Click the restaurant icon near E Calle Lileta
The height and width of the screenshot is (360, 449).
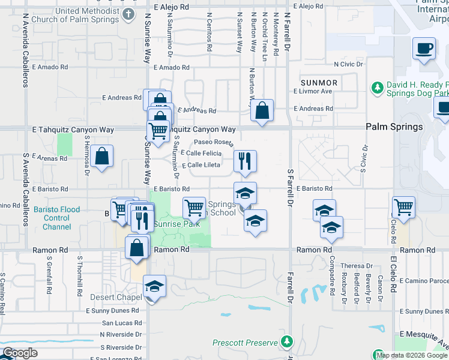point(245,161)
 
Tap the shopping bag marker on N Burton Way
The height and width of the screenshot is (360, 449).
point(262,110)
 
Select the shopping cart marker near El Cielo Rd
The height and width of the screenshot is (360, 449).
point(403,208)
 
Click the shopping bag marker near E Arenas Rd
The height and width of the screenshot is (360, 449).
point(102,157)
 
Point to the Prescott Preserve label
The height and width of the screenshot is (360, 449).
point(244,343)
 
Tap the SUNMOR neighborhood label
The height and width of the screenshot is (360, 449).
point(319,82)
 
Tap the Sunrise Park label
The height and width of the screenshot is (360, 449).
point(176,224)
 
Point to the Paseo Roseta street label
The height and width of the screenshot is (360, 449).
point(212,142)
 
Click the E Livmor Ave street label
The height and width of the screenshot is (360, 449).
point(313,91)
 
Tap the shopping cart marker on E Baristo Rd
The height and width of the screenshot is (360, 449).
point(194,208)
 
